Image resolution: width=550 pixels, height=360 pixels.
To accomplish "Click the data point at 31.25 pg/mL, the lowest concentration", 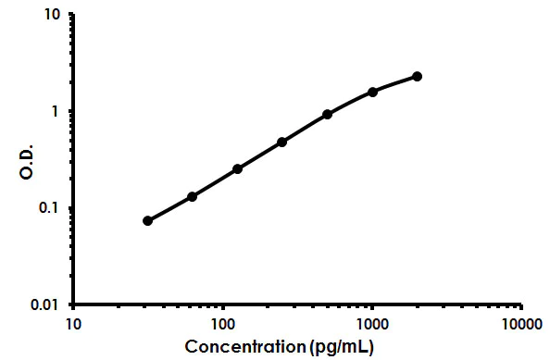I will [148, 220].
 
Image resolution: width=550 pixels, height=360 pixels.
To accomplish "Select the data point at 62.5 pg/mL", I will [193, 196].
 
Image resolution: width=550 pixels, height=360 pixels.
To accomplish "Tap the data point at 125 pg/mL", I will [238, 168].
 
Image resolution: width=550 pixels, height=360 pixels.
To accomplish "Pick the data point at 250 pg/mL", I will [282, 142].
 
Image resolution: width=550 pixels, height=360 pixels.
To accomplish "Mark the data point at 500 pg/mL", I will [328, 114].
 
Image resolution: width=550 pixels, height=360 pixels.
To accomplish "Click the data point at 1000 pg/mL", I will [373, 92].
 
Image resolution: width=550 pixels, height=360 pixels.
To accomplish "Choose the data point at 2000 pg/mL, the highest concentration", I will [418, 76].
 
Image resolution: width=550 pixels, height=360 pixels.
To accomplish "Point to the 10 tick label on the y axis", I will [53, 16].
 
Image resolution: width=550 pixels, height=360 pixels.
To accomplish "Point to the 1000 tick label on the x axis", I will [372, 324].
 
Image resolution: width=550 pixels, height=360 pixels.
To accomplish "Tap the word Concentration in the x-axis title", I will [246, 347].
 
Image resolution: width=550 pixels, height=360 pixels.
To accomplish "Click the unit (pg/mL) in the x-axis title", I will [343, 347].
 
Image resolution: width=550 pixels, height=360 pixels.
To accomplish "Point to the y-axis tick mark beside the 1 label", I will [71, 111].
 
